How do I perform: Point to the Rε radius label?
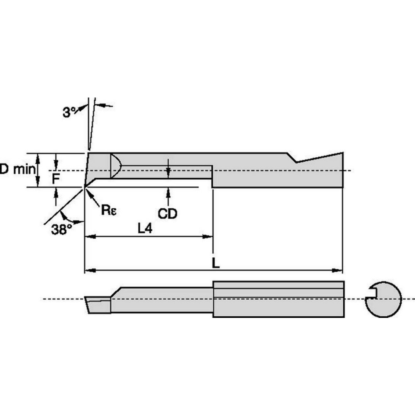109,210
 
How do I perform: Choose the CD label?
168,214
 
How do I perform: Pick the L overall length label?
215,263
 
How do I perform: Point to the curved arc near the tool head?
117,166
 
